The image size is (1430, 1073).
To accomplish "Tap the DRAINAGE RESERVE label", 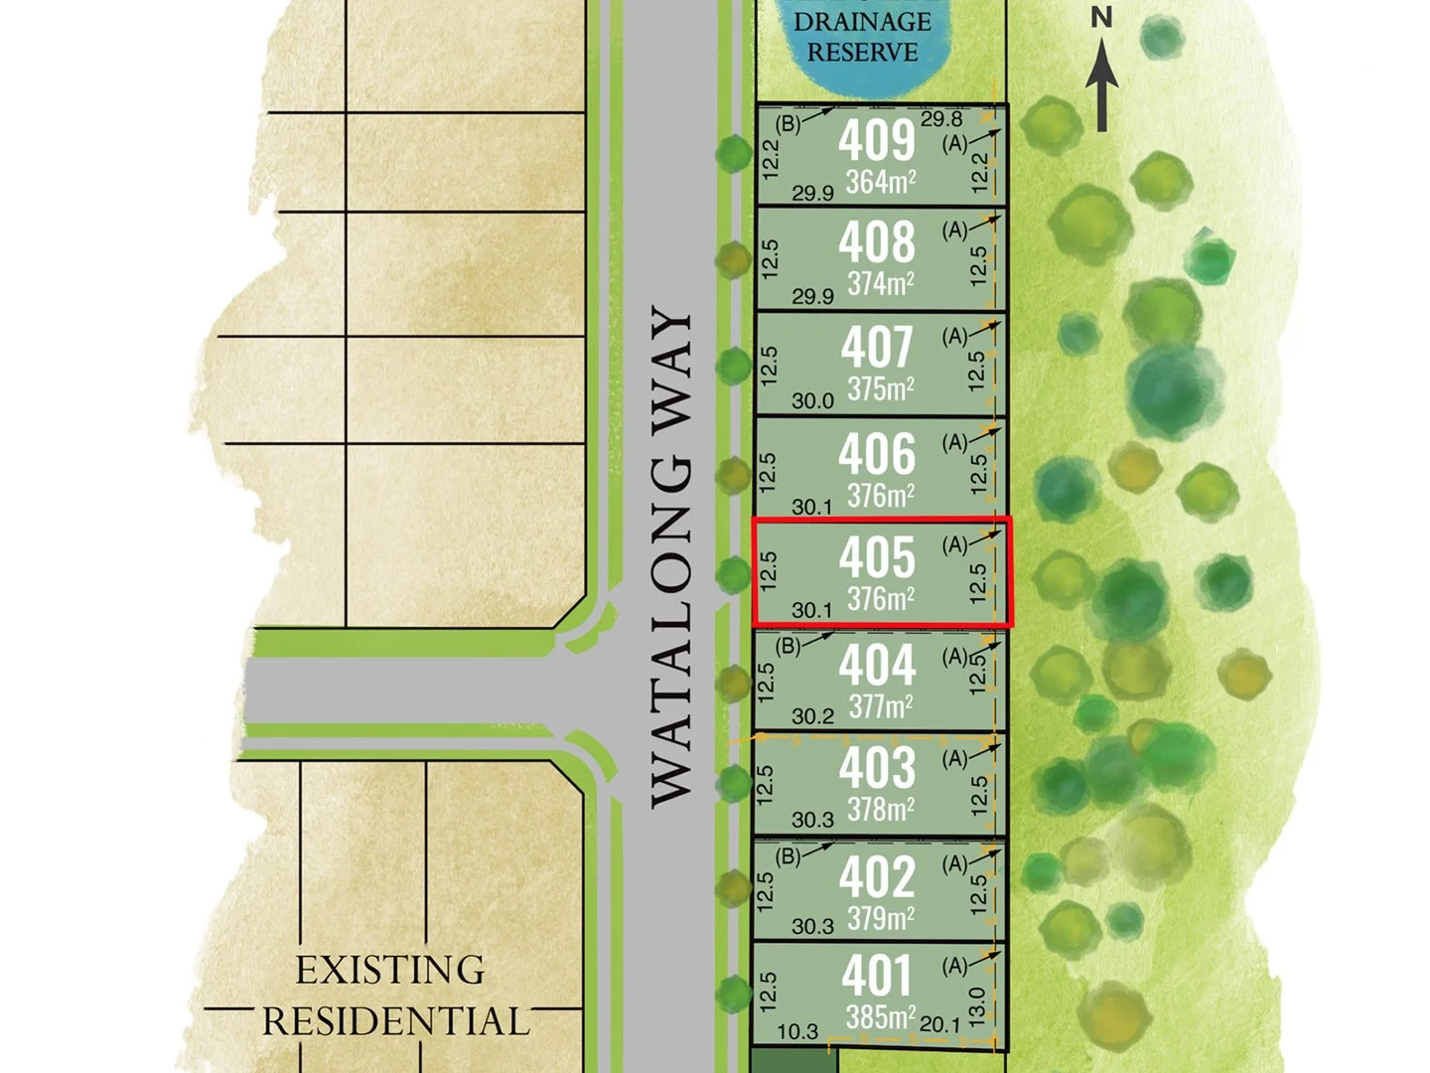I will point(862,37).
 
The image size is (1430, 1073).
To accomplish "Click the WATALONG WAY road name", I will point(671,557).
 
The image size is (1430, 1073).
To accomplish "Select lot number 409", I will point(876,140).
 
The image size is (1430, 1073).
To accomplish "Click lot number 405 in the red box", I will point(877,557).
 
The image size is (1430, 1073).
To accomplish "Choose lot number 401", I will point(876,975).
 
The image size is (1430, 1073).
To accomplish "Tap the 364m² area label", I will point(880,183).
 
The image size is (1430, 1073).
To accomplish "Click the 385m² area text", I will point(880,1017).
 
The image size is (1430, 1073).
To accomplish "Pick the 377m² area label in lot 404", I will point(880,707).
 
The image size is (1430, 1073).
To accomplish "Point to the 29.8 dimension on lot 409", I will point(941,119).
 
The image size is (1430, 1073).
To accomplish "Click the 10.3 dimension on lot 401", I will point(797,1032).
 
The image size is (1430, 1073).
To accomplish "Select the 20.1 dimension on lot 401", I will point(939,1024).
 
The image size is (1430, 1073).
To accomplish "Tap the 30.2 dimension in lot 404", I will point(812,716).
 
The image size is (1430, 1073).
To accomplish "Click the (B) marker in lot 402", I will point(787,856).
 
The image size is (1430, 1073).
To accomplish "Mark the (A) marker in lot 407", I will point(954,337).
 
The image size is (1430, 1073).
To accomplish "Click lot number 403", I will point(877,768).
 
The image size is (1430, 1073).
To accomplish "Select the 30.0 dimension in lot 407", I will point(812,401).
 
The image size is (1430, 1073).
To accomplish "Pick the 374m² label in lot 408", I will point(880,284).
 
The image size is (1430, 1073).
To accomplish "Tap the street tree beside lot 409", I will point(734,153).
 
